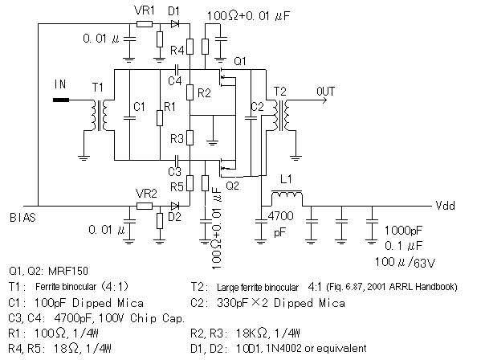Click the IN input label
[x=59, y=83]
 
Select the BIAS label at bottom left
[x=22, y=217]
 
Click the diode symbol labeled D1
[x=175, y=24]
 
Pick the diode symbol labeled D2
[x=174, y=206]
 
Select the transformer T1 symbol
[x=101, y=117]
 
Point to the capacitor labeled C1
[x=128, y=117]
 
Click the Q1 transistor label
[x=239, y=61]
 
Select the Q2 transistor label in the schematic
[x=233, y=185]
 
